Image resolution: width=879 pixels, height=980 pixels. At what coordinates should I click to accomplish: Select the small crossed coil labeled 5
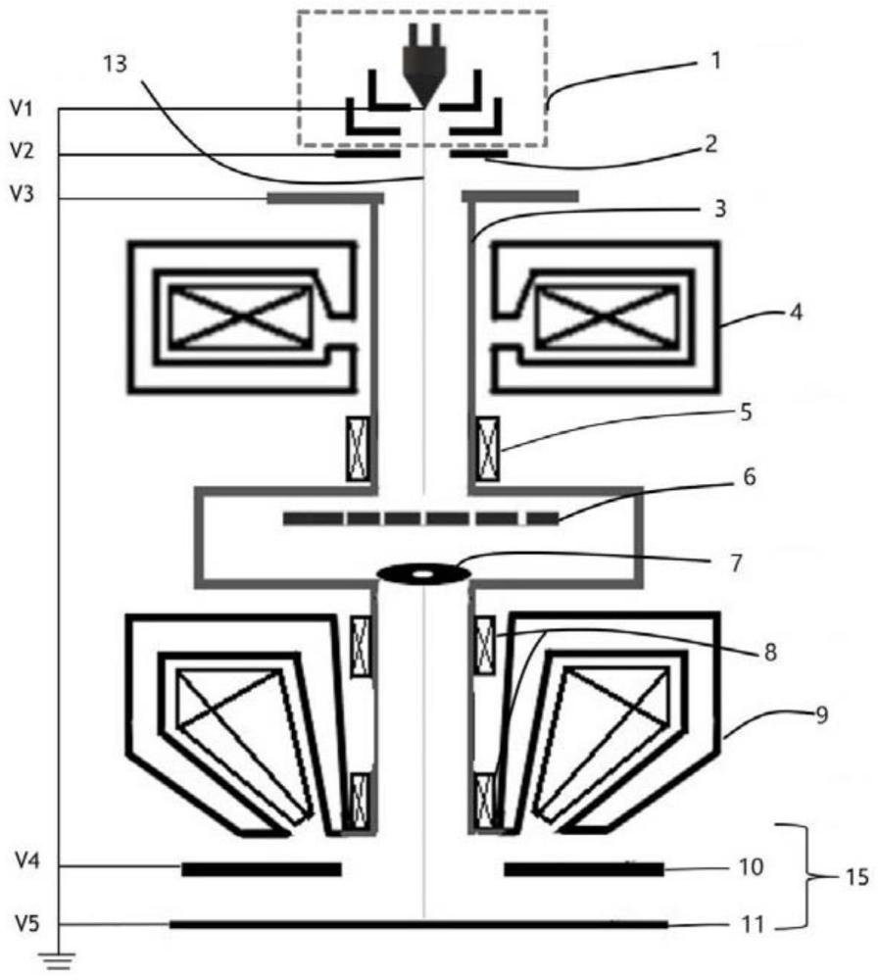click(486, 449)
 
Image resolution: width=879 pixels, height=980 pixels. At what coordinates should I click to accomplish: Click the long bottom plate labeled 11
click(418, 923)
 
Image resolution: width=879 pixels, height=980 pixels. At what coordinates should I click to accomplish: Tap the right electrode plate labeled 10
click(583, 868)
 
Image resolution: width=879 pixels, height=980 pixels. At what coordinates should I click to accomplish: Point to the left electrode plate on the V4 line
click(261, 868)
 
